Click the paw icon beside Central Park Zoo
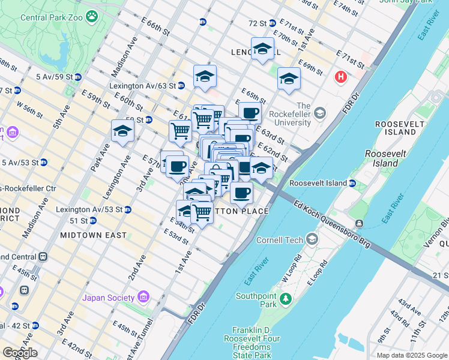[x=92, y=17]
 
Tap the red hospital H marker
[x=341, y=77]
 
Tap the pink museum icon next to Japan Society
[x=143, y=297]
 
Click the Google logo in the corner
[x=19, y=353]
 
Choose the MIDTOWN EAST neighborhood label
[x=93, y=235]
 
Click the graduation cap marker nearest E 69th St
[x=289, y=78]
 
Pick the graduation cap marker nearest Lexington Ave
[x=122, y=131]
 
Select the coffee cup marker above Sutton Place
[x=241, y=193]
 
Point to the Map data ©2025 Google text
[x=412, y=355]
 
